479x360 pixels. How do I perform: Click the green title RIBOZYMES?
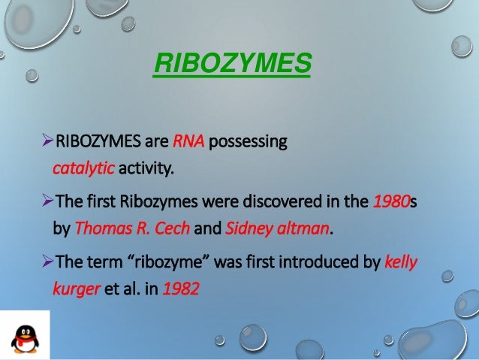231,65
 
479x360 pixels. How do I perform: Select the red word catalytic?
83,166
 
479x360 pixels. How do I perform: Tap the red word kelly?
400,262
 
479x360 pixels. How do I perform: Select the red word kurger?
77,288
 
